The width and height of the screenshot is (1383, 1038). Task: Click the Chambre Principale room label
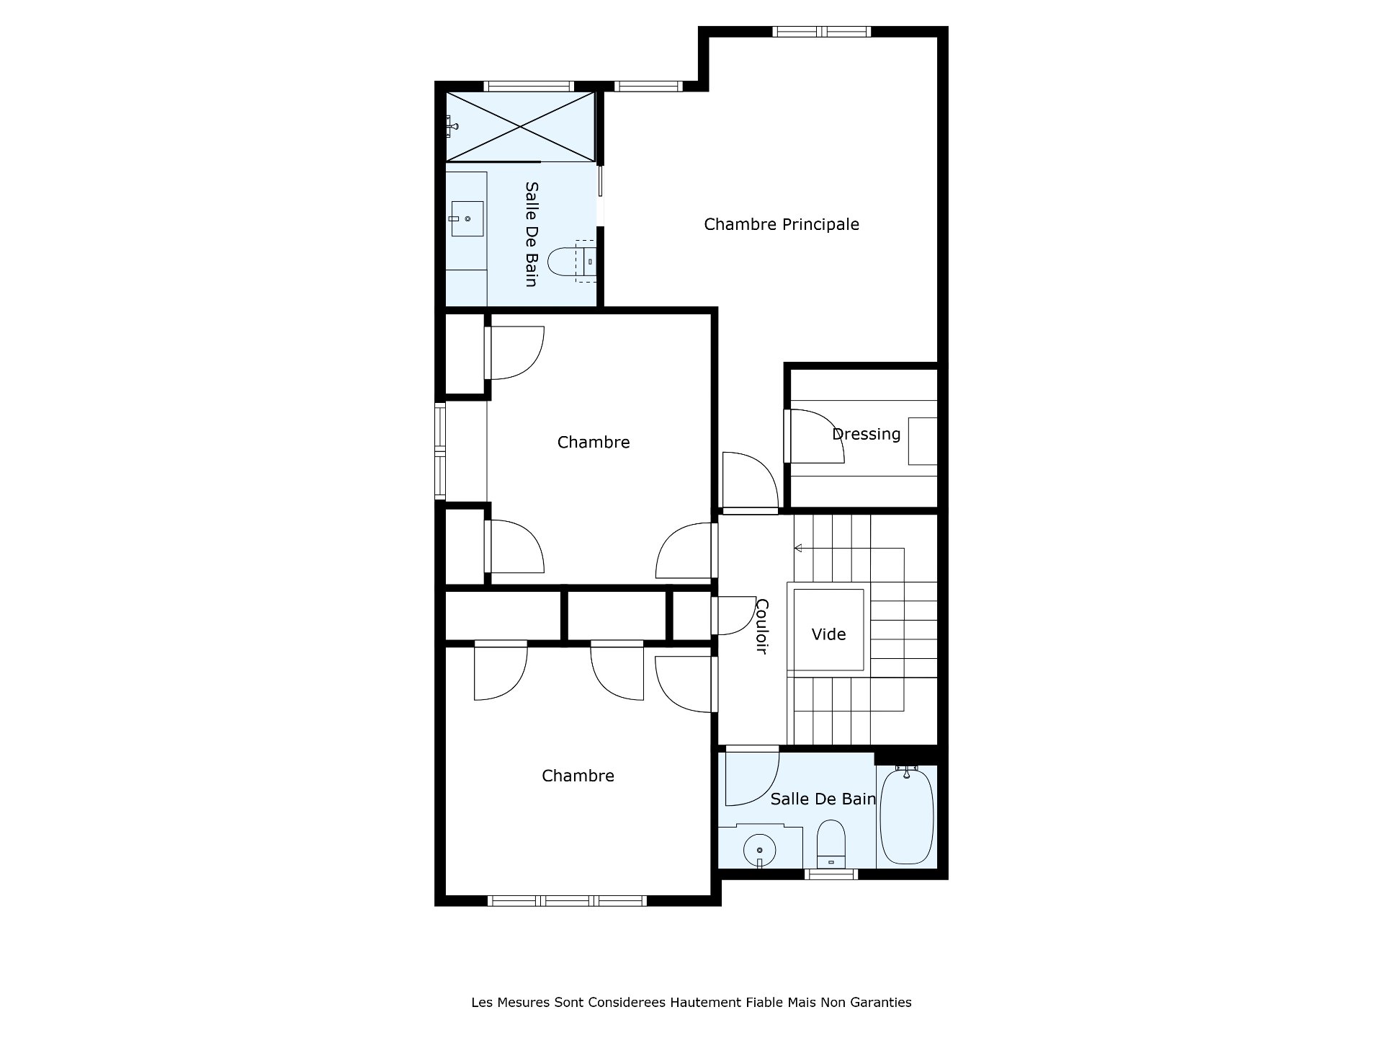pyautogui.click(x=782, y=224)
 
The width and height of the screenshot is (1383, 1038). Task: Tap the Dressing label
pyautogui.click(x=867, y=434)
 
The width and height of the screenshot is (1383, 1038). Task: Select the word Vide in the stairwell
pyautogui.click(x=828, y=634)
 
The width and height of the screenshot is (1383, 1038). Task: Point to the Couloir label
pyautogui.click(x=761, y=626)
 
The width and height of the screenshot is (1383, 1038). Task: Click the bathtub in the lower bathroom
pyautogui.click(x=908, y=815)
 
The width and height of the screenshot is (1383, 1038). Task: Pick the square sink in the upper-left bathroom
pyautogui.click(x=467, y=218)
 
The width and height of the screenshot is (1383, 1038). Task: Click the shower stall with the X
pyautogui.click(x=520, y=127)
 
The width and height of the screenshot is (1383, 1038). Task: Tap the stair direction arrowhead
pyautogui.click(x=798, y=549)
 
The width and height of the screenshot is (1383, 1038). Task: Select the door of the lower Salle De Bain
pyautogui.click(x=752, y=778)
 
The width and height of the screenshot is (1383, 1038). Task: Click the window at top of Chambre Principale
pyautogui.click(x=822, y=32)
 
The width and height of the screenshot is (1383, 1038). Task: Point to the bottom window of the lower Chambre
pyautogui.click(x=567, y=900)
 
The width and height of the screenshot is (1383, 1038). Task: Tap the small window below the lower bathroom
pyautogui.click(x=831, y=874)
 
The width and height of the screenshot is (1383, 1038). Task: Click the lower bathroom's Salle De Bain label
pyautogui.click(x=823, y=799)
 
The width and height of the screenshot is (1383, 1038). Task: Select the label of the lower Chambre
pyautogui.click(x=578, y=776)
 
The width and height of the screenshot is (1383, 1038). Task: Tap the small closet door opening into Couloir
pyautogui.click(x=733, y=616)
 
